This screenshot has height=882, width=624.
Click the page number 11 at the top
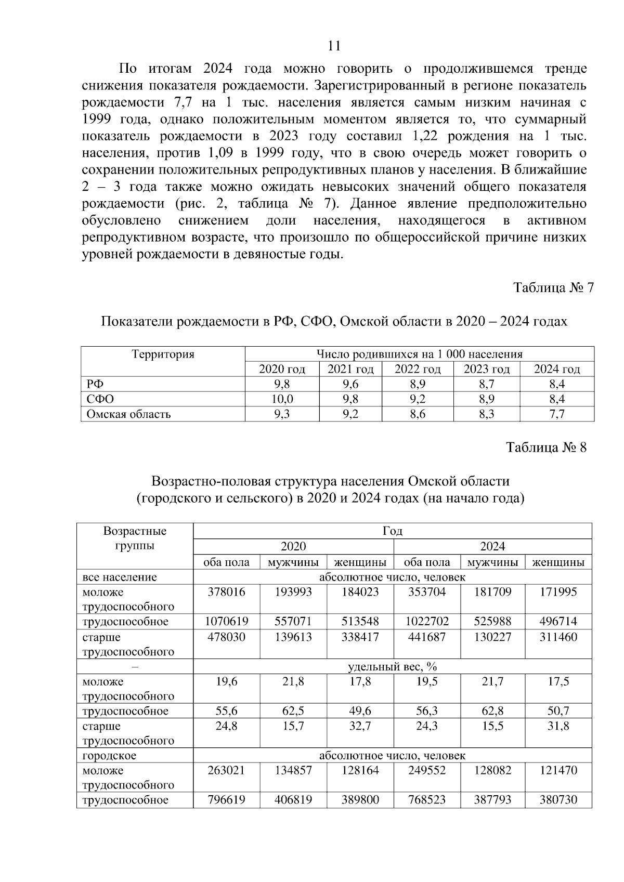pos(334,46)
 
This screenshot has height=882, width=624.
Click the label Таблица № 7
pos(553,287)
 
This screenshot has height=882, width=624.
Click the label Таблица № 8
pos(547,447)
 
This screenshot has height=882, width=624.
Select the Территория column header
pos(163,354)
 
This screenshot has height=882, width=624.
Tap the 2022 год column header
pos(418,369)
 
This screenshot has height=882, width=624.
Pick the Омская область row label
pos(129,414)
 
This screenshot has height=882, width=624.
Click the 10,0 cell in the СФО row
pos(282,399)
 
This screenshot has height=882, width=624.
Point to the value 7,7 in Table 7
pos(556,414)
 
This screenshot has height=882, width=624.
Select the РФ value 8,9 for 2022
pos(418,384)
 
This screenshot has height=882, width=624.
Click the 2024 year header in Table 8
pos(492,546)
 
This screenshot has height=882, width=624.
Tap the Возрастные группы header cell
pos(135,538)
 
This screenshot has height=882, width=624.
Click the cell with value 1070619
pos(226,622)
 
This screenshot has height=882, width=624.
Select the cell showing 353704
pos(427,592)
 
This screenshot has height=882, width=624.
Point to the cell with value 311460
pos(558,637)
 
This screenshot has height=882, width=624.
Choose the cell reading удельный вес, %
pos(392,666)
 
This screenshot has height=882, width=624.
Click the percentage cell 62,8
pos(492,711)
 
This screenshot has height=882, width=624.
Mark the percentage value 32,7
pos(360,726)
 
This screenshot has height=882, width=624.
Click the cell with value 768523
pos(427,800)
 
